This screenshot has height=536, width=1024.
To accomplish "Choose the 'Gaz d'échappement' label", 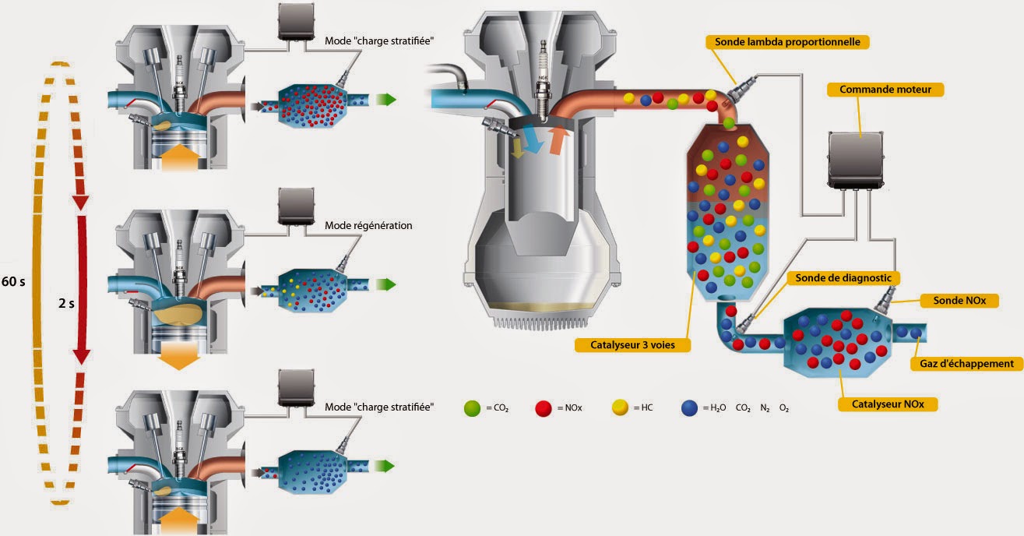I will tap(965, 363).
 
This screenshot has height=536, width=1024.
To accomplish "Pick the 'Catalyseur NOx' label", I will tap(888, 404).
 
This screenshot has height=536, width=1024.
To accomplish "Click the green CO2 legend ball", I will tap(470, 407).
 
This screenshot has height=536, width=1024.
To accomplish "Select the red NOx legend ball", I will tap(544, 407).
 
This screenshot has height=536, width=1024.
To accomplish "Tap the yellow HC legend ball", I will tap(621, 407).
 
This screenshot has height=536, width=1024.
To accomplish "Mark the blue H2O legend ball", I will tap(689, 407).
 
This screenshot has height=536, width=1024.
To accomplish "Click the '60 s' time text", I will tap(13, 281).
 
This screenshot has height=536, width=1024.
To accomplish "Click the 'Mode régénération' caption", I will tap(368, 226).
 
